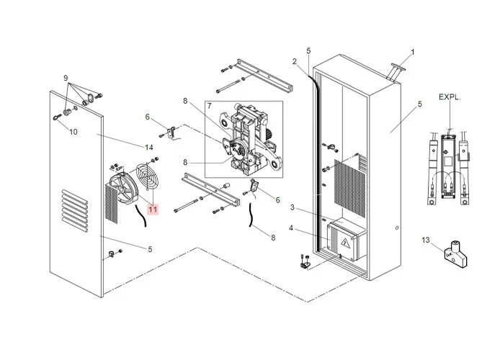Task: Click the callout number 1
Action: [413, 52]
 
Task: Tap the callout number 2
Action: [294, 61]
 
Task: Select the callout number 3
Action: [293, 207]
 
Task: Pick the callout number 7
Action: [209, 106]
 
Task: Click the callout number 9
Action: [65, 78]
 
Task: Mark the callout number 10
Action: [73, 131]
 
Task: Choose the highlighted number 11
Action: [152, 209]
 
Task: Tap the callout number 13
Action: [425, 240]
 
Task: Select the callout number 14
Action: [149, 148]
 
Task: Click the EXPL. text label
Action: [449, 96]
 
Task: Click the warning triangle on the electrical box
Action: [346, 243]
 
